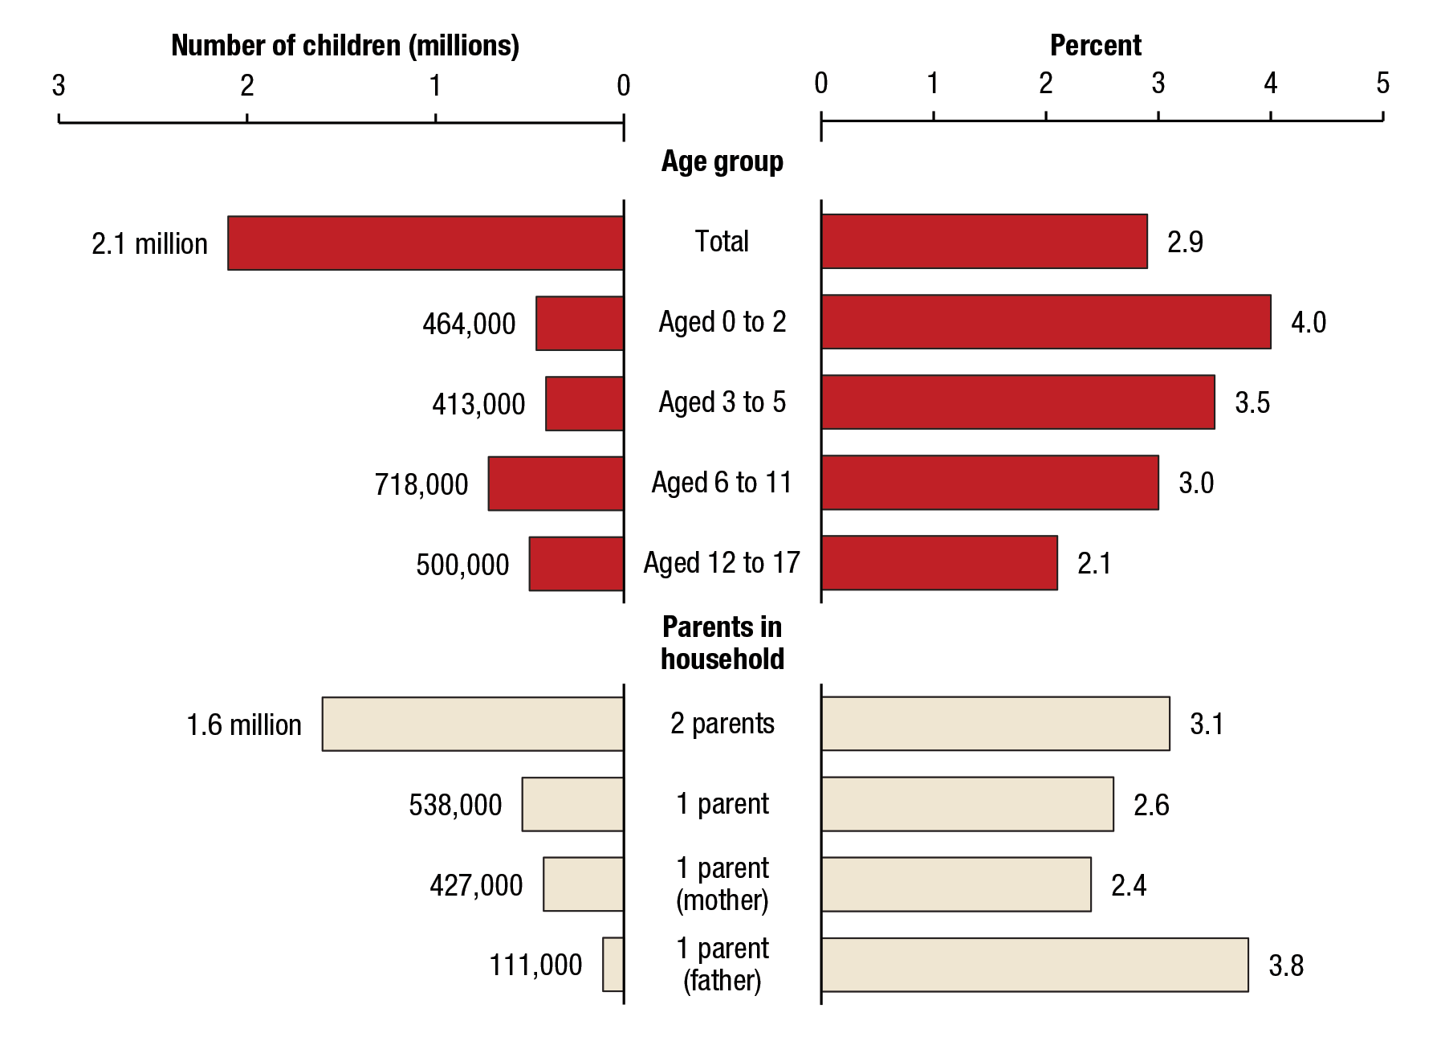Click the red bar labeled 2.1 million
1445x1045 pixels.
[x=425, y=243]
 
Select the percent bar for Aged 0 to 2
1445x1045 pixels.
[x=1045, y=322]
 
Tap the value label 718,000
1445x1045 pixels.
[x=421, y=484]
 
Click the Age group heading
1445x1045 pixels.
[x=722, y=161]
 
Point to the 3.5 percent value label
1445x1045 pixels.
[x=1252, y=402]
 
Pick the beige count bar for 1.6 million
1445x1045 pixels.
[x=473, y=724]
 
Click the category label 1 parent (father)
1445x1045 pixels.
[x=722, y=964]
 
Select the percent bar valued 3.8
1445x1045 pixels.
[x=1034, y=964]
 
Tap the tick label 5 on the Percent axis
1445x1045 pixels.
[x=1382, y=84]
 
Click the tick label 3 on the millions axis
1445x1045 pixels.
[x=59, y=86]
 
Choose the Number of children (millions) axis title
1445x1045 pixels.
[x=345, y=46]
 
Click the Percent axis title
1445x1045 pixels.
[x=1095, y=46]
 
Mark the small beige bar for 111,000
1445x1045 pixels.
[x=613, y=964]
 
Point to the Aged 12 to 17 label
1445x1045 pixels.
[x=722, y=563]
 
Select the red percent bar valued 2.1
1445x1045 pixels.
[x=939, y=563]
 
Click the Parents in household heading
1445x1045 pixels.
[x=722, y=643]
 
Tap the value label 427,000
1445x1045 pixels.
[x=476, y=885]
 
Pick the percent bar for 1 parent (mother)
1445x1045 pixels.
[x=955, y=884]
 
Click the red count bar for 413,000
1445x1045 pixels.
[x=584, y=403]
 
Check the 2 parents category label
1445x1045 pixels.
[x=722, y=724]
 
